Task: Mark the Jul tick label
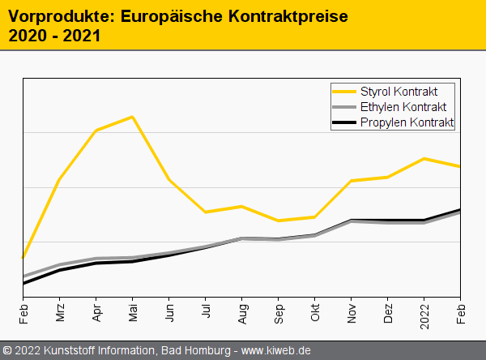[x=206, y=312]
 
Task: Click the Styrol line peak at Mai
[x=133, y=117]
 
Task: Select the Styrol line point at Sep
[x=279, y=221]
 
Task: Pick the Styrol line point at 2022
[x=424, y=158]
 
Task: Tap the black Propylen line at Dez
[x=388, y=220]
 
